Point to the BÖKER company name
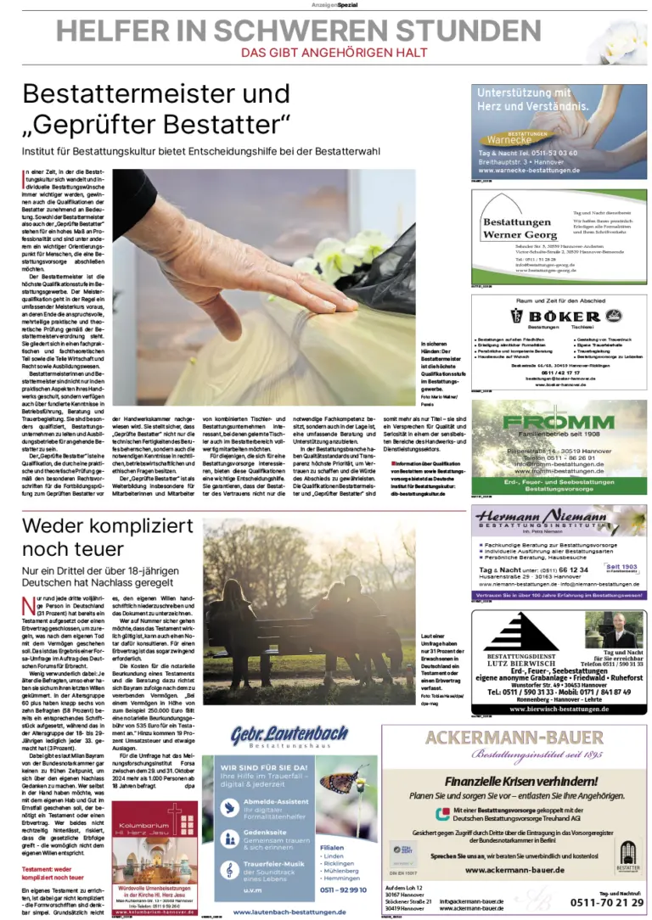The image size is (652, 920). pyautogui.click(x=566, y=316)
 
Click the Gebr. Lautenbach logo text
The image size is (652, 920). pyautogui.click(x=278, y=735)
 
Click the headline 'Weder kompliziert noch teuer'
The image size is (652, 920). pyautogui.click(x=108, y=536)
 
